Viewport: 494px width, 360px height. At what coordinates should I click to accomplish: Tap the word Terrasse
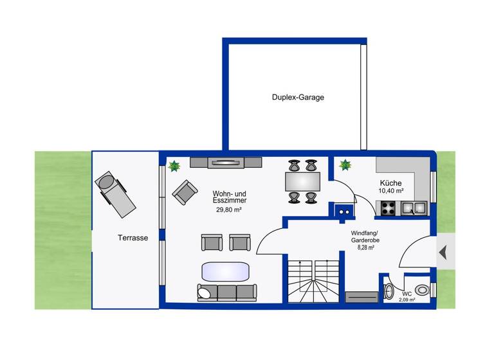[133, 238]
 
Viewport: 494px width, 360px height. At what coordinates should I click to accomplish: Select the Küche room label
[390, 183]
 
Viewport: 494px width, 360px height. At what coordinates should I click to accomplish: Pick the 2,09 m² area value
[407, 300]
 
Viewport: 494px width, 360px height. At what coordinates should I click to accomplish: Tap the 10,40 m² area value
[390, 191]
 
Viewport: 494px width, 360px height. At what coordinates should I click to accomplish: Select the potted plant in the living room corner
[174, 166]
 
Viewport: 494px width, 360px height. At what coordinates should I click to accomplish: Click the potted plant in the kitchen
[345, 165]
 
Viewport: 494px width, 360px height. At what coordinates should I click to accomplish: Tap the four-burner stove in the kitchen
[387, 208]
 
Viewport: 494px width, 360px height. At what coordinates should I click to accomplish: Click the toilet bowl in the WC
[422, 290]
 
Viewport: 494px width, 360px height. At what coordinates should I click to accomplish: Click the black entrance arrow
[443, 253]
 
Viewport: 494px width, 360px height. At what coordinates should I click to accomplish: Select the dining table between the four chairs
[302, 181]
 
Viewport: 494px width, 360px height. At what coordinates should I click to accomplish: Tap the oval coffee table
[224, 271]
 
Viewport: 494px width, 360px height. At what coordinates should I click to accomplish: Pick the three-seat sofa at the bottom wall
[226, 292]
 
